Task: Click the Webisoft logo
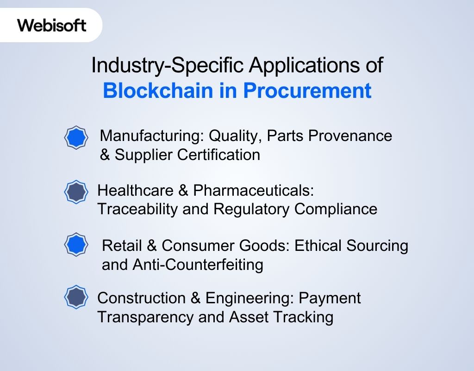[52, 25]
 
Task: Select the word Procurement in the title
[307, 90]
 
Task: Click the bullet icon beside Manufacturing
[75, 138]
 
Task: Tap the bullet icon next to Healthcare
[75, 192]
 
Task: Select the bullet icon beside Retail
[75, 244]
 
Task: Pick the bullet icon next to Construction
[75, 297]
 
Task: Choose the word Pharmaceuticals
[254, 190]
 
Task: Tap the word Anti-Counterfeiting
[198, 264]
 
